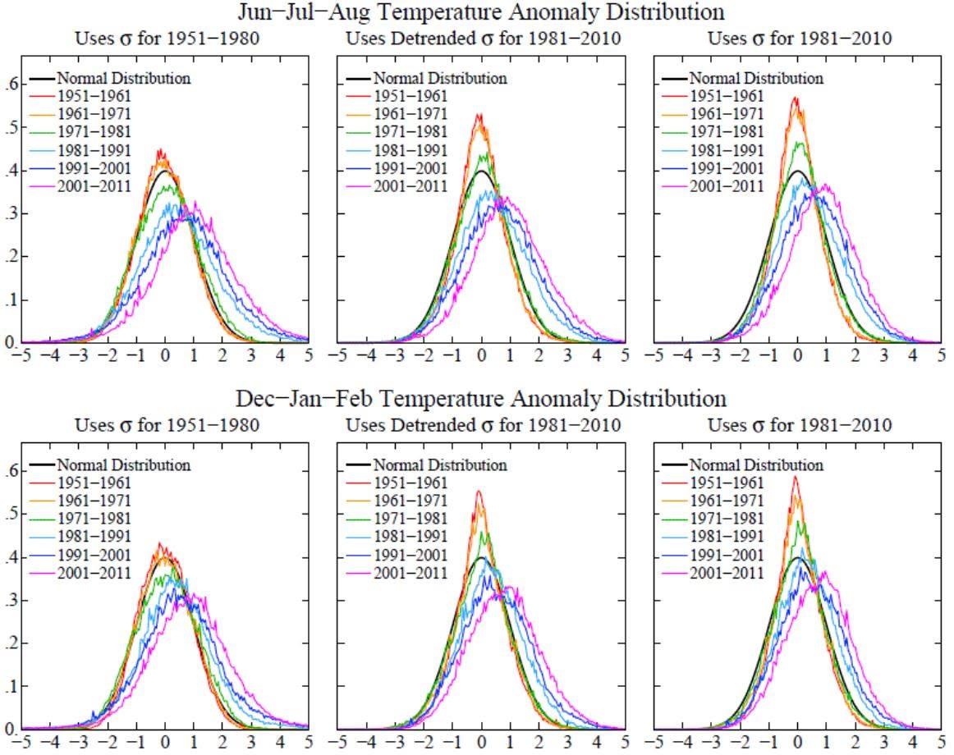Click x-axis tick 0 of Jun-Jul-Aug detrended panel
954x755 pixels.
click(481, 355)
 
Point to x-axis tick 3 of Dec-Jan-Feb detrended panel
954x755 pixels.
click(567, 742)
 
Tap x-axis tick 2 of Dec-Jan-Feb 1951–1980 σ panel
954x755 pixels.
click(222, 742)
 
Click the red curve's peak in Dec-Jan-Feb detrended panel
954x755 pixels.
click(479, 491)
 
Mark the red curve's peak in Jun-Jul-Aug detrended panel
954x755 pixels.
click(479, 114)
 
